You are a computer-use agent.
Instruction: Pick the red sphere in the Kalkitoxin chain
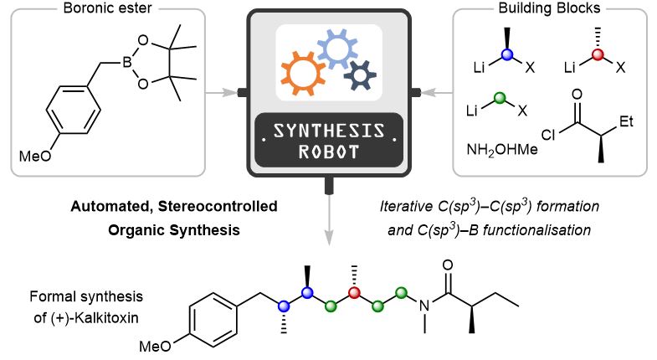354,292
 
